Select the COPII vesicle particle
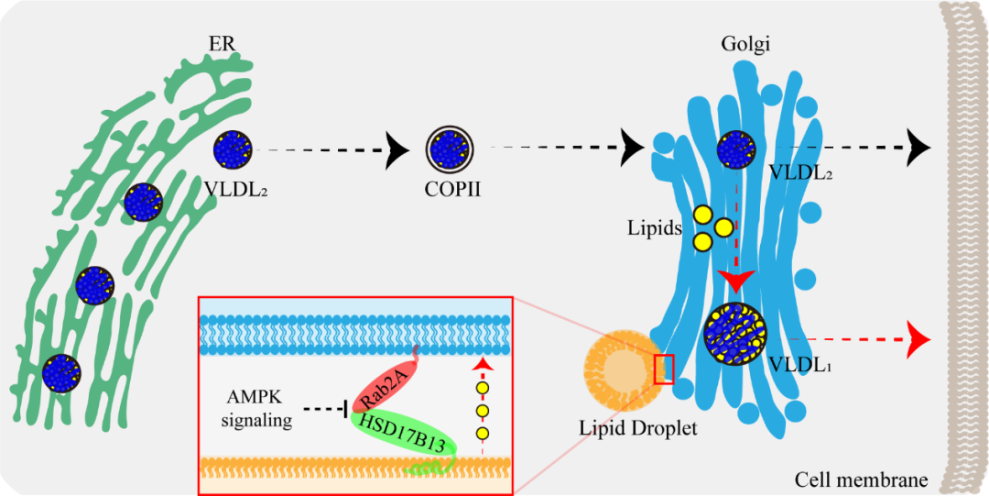point(450,148)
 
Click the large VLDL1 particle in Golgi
point(735,336)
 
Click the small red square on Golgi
point(664,369)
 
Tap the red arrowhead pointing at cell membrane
point(917,340)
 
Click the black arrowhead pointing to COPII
point(400,149)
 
